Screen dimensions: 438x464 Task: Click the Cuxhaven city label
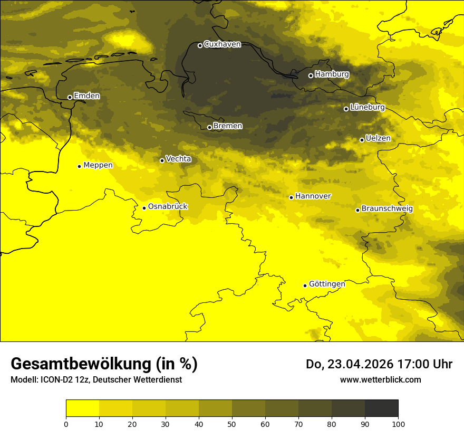[222, 44]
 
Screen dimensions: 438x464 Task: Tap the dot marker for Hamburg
[311, 75]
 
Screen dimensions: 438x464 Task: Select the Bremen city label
[228, 126]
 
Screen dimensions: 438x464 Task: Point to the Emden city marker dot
[70, 97]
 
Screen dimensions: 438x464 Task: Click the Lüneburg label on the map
[368, 107]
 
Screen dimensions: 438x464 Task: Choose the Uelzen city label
[378, 138]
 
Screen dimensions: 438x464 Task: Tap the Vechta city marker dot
[162, 160]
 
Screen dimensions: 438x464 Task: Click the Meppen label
[98, 165]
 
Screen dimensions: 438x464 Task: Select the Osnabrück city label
[168, 206]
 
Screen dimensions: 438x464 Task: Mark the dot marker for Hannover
[291, 197]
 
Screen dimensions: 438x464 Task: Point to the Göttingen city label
[327, 284]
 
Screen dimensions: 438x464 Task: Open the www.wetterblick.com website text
[380, 379]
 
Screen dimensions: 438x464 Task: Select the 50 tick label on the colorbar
[232, 423]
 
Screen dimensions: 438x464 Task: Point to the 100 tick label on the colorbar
[398, 423]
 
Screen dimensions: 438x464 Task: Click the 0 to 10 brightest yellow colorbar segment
[82, 408]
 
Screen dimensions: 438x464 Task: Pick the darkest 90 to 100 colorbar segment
[381, 408]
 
